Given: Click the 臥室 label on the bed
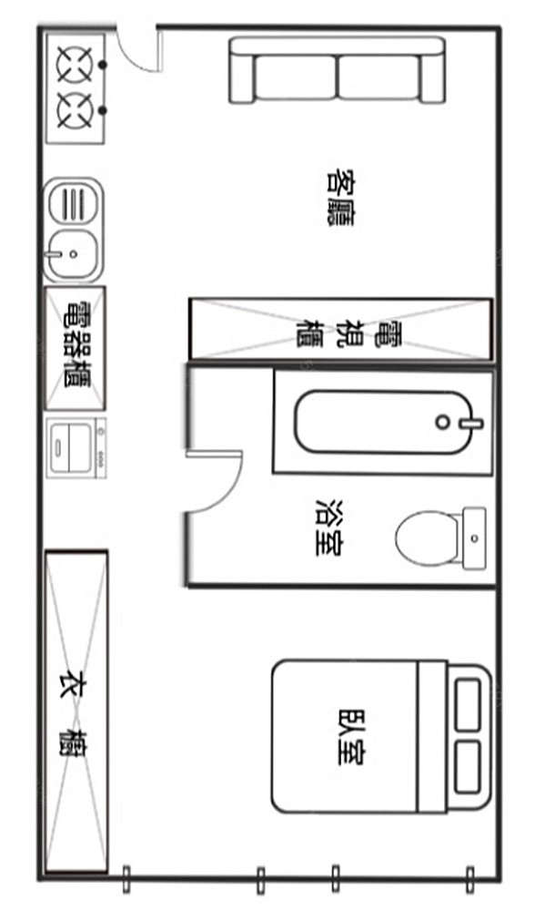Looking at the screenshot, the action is coord(351,736).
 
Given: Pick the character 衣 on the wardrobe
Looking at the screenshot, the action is coord(77,686).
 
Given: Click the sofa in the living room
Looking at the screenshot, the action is coord(338,70).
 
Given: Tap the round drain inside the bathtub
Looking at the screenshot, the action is coord(443,422).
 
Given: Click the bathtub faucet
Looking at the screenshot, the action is coord(471,423).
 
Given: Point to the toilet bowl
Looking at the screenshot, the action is coord(426,538).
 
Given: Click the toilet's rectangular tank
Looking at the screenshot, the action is coord(474,538).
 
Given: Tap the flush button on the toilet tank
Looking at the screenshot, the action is coord(475,538).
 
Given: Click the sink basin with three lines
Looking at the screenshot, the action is coord(73,203).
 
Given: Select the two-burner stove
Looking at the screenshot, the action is coord(76,88).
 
